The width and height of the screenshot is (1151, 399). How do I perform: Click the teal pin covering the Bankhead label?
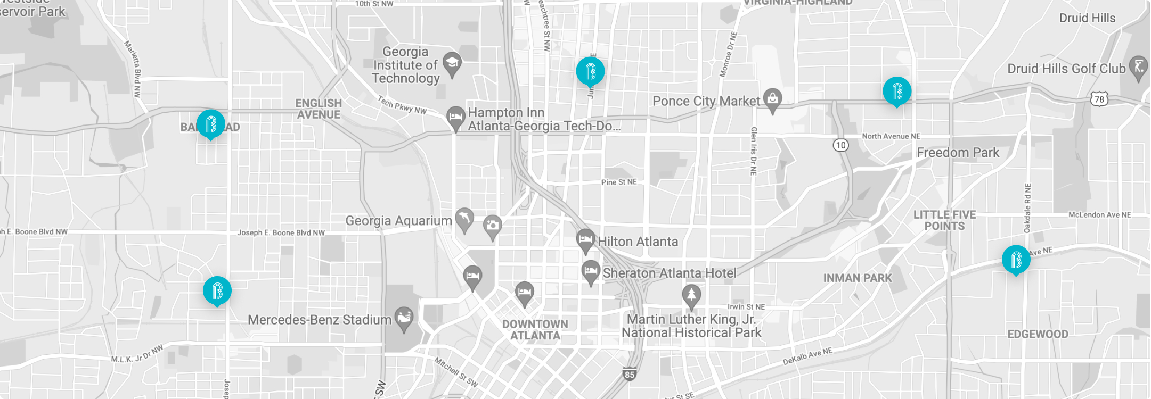point(210,124)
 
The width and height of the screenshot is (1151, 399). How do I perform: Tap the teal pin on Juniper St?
point(590,71)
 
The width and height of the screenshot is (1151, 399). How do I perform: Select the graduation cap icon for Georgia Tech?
point(452,64)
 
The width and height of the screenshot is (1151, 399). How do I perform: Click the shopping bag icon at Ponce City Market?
point(772,99)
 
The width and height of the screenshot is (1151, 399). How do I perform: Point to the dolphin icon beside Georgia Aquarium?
point(464,219)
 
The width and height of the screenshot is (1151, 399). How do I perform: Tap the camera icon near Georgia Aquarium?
point(492,226)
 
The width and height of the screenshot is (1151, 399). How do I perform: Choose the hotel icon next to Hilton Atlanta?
point(585,240)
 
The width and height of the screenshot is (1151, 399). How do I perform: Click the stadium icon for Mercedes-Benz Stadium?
point(404,318)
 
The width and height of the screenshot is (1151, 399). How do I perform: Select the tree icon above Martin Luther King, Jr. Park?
point(691,295)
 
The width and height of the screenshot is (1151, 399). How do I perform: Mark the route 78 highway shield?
point(1099,99)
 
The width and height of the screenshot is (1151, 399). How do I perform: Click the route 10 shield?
point(840,145)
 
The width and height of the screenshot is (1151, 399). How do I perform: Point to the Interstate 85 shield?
point(630,375)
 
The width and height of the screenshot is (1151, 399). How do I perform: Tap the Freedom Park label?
point(958,153)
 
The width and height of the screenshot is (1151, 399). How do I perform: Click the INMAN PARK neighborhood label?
point(857,278)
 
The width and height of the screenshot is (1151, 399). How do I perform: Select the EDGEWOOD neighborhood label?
point(1038,334)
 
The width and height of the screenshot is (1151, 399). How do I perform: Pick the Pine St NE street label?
point(619,182)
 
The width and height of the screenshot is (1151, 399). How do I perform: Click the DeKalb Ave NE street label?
point(807,356)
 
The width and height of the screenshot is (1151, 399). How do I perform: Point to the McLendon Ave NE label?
point(1099,215)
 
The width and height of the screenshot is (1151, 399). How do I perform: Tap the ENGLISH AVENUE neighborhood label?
point(319,109)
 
